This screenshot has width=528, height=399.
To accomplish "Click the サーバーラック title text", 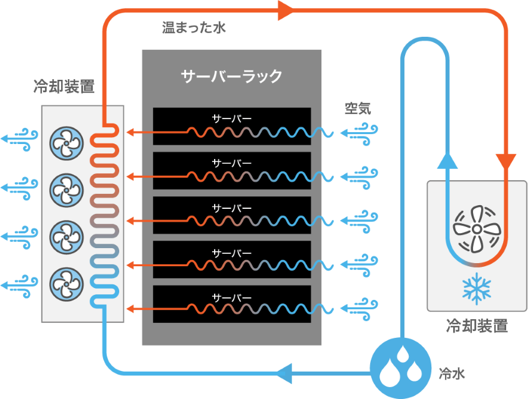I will click(232, 77).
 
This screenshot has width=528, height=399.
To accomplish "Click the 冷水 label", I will click(451, 374).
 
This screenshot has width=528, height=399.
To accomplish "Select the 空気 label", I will click(358, 108).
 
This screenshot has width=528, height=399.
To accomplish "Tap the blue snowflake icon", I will click(476, 288).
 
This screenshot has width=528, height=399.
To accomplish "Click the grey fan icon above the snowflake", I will click(476, 229).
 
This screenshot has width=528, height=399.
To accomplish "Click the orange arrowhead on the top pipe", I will click(286, 11).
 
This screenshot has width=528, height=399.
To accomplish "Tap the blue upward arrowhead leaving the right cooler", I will click(444, 161).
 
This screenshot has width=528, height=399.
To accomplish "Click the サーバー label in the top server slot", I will click(232, 118).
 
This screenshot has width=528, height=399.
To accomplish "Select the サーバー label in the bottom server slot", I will click(232, 297).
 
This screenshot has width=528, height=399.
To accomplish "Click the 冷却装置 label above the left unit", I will click(64, 87).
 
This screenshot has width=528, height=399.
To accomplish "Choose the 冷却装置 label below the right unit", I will click(476, 326).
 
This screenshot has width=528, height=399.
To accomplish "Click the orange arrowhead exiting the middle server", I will click(130, 221).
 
